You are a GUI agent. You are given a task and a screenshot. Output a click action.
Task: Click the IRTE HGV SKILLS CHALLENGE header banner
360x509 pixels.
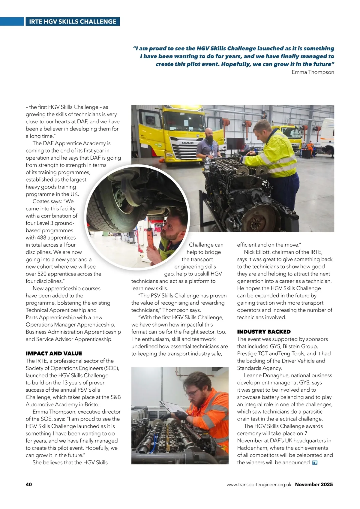[72, 22]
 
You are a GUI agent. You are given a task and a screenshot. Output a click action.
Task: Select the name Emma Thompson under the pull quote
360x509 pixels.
[313, 72]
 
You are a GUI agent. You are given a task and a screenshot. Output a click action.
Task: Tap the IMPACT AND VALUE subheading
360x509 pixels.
[54, 354]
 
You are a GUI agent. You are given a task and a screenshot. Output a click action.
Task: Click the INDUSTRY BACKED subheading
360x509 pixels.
[264, 332]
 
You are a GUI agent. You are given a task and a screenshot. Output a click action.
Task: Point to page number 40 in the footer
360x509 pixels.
[29, 484]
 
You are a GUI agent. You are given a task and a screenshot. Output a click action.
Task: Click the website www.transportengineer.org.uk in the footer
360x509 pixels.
[259, 484]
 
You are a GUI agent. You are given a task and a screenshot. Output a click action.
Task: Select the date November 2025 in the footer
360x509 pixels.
[314, 484]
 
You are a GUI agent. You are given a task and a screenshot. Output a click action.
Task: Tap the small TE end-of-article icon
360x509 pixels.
[315, 462]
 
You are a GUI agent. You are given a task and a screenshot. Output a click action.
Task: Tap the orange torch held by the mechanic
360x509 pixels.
[151, 239]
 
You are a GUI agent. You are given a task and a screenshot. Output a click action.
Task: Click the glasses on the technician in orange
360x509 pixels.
[193, 392]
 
